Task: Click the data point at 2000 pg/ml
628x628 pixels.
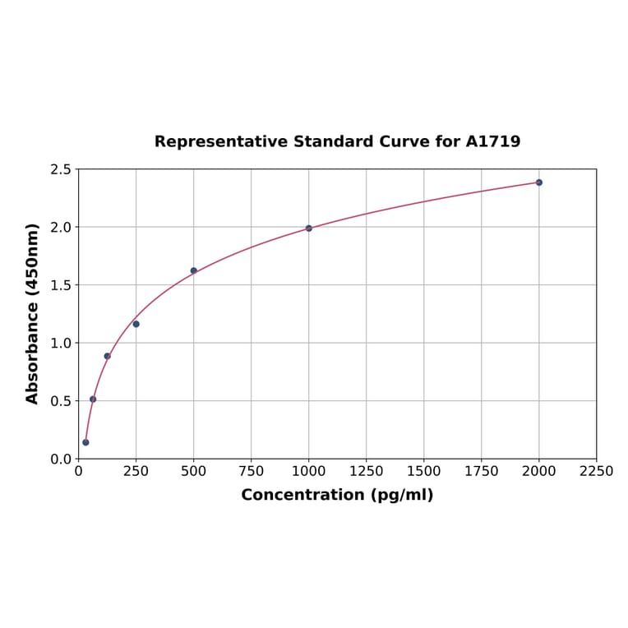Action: pos(539,182)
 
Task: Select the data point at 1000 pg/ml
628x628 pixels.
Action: pos(309,229)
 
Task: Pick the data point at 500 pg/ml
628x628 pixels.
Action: pos(194,270)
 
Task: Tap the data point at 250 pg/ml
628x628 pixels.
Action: pos(136,324)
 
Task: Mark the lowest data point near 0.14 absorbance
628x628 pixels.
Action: pos(85,442)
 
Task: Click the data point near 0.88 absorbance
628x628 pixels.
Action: pos(108,356)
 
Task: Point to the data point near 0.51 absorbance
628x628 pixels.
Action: pos(93,399)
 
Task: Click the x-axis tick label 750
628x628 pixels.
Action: pos(252,472)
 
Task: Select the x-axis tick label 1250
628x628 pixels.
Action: pos(367,472)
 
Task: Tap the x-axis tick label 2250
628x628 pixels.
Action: pos(597,472)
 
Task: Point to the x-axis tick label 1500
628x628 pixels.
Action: pos(424,472)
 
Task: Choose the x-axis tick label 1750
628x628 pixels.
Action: pos(482,472)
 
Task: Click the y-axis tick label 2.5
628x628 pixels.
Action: pos(61,170)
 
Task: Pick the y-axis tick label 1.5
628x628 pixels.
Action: pos(61,285)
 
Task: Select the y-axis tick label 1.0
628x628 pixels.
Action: pos(61,344)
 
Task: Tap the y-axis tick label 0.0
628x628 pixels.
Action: pos(61,459)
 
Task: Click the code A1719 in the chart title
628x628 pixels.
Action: pos(493,142)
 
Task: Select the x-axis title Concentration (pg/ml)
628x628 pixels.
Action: pos(337,496)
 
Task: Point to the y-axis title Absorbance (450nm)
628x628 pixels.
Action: pos(33,313)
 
